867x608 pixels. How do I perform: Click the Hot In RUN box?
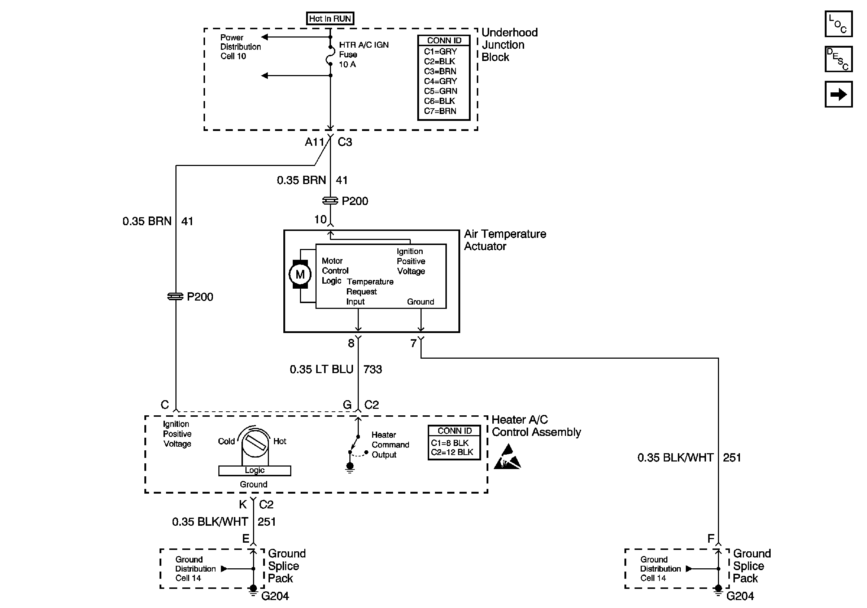click(x=330, y=18)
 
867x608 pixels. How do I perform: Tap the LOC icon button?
click(x=838, y=24)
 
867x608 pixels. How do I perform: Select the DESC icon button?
click(x=838, y=59)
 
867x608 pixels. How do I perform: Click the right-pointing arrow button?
click(x=838, y=94)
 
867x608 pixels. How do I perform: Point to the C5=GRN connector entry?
click(x=440, y=91)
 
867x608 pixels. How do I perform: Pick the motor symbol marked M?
click(x=300, y=274)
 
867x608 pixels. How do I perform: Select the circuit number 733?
click(x=373, y=369)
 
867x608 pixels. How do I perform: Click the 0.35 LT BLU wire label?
click(x=321, y=369)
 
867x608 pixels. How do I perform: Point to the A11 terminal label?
click(x=314, y=142)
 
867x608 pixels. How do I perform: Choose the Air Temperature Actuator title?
click(x=505, y=240)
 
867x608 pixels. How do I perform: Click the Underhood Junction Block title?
click(x=509, y=45)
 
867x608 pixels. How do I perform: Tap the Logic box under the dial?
click(x=254, y=471)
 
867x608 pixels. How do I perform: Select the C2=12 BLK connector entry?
click(x=452, y=452)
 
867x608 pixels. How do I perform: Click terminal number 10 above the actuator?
click(x=320, y=219)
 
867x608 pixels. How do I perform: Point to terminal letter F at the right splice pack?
click(x=711, y=539)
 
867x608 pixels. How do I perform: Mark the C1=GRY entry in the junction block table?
click(x=440, y=51)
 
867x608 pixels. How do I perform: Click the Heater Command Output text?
click(x=390, y=445)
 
